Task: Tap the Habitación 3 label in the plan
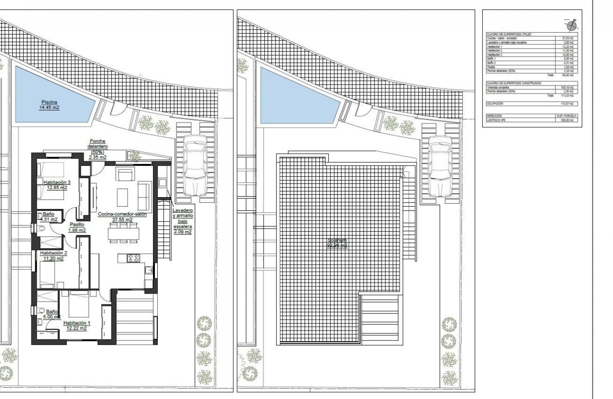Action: click(57, 184)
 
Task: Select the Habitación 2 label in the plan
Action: click(53, 256)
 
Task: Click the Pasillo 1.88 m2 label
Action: click(77, 227)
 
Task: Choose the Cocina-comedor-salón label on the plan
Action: click(122, 217)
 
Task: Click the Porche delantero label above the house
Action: click(98, 149)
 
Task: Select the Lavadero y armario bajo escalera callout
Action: click(182, 221)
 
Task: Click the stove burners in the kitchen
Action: click(133, 258)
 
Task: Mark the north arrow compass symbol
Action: click(573, 25)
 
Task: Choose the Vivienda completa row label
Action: click(498, 87)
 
